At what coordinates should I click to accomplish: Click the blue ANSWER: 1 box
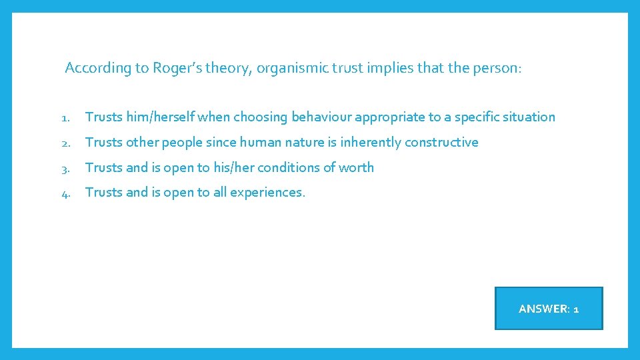point(548,309)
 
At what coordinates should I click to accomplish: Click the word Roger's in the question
point(175,68)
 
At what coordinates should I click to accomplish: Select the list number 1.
point(65,117)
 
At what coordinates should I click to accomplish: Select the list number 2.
point(65,143)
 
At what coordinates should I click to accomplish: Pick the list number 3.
point(65,168)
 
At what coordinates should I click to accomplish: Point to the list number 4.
point(65,193)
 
